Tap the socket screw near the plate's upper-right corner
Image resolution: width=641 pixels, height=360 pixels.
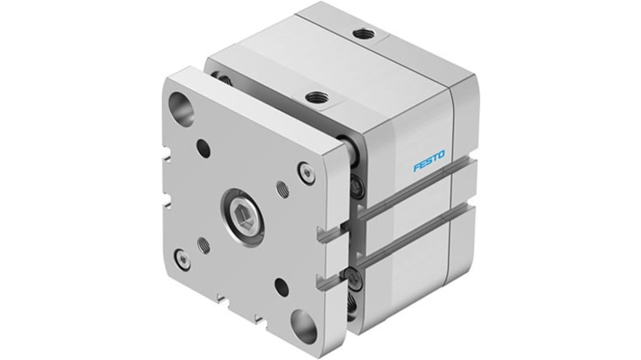(307, 173)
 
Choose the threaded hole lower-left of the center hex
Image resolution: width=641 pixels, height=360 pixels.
(204, 245)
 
